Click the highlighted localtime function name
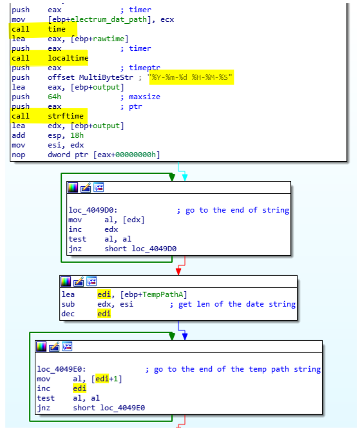pos(68,58)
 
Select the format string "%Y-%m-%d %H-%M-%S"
pos(190,77)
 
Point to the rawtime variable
pos(109,39)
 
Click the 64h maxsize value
pos(54,97)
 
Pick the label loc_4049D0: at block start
pos(93,210)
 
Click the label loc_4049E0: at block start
pos(62,369)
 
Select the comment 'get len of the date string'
pos(237,304)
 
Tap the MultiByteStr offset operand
pos(106,77)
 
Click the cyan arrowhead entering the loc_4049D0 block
pos(185,178)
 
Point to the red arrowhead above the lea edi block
pos(178,272)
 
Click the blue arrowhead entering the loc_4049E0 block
pos(185,337)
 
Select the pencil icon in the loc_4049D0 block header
pos(86,187)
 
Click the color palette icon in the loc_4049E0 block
pos(41,347)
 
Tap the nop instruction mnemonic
pos(19,155)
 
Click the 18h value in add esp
pos(77,135)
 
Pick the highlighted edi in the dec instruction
pos(104,314)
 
